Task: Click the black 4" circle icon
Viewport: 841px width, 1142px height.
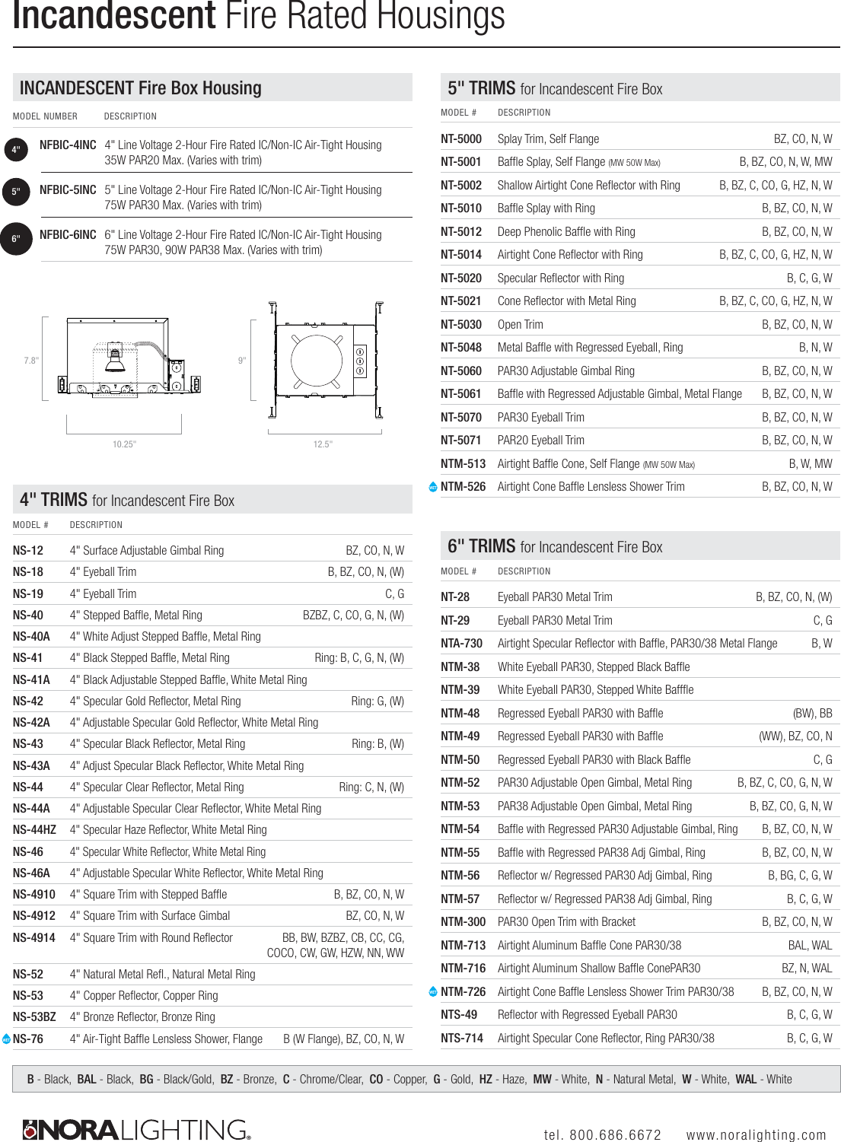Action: point(16,150)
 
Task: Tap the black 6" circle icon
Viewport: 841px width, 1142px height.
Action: point(16,239)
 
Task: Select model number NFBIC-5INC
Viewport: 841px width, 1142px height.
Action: point(68,190)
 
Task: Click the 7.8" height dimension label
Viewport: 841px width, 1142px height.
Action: point(31,361)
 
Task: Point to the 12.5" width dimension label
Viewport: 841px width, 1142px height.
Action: point(323,444)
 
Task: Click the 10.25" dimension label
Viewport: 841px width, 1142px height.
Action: point(124,444)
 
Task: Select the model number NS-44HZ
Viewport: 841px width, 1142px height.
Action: point(34,830)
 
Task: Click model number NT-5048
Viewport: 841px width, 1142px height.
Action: point(461,348)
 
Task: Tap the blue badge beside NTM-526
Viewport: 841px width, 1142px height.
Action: point(433,487)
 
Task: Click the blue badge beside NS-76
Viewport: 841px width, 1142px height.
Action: point(7,1039)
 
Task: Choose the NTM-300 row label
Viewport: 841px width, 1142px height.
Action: point(463,922)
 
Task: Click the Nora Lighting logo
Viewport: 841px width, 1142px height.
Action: point(137,1130)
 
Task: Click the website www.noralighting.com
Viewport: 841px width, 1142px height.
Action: point(756,1134)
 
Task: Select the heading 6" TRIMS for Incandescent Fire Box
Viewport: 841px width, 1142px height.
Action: point(555,546)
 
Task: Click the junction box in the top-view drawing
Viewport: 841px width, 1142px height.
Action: point(361,361)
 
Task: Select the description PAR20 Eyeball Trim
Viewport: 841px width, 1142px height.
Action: point(540,441)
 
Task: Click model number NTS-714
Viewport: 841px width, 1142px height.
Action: point(462,1039)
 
